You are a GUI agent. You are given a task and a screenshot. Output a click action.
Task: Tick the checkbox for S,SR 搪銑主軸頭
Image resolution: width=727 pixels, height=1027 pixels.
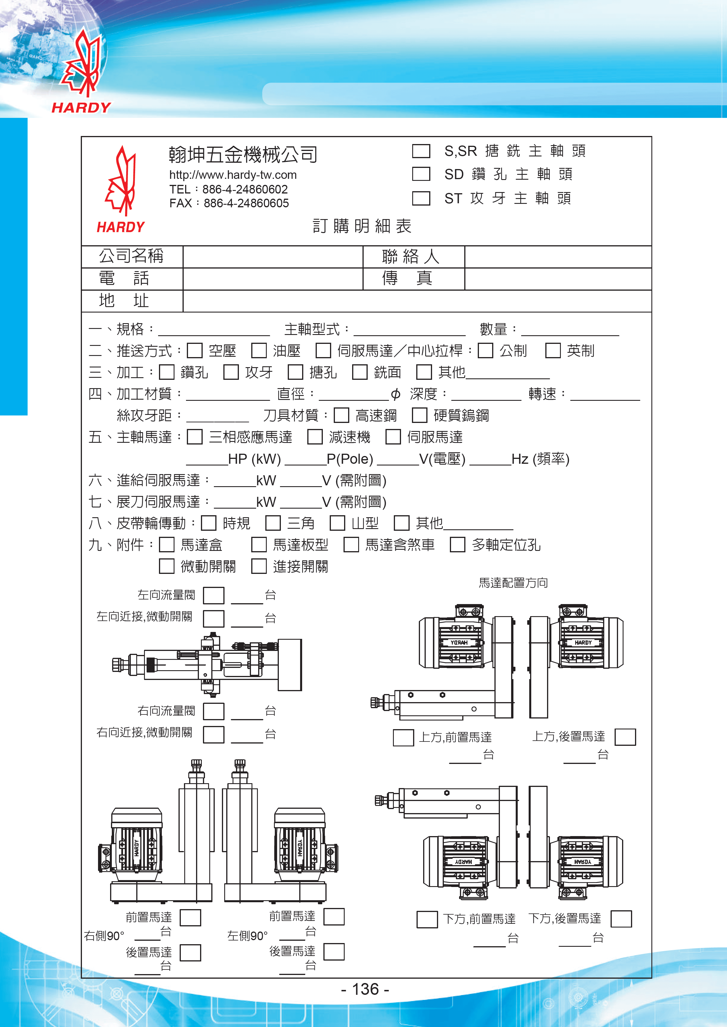coord(421,151)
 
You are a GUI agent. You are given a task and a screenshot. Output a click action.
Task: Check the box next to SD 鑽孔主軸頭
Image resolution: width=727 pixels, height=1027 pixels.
coord(421,174)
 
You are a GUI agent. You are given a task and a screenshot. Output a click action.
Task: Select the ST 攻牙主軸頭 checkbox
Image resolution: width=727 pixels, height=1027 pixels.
coord(421,198)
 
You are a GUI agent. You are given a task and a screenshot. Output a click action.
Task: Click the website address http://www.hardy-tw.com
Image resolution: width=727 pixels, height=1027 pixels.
coord(233,175)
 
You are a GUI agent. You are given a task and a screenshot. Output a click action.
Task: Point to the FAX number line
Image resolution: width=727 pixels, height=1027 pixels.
coord(229,203)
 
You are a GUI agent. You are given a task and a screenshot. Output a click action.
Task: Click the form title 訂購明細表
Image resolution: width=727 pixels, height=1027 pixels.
coord(362,226)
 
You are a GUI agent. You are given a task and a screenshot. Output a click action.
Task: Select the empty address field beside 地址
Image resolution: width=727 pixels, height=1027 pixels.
coord(416,301)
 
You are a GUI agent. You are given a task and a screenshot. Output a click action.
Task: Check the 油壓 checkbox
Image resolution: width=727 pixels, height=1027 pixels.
coord(259,350)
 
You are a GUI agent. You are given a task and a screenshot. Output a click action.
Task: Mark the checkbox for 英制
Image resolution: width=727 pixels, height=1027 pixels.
coord(553,350)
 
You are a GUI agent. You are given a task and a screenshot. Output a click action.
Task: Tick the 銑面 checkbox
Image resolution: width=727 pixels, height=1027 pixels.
coord(359,372)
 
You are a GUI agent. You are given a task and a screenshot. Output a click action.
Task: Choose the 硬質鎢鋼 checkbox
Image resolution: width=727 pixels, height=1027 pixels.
coord(419,415)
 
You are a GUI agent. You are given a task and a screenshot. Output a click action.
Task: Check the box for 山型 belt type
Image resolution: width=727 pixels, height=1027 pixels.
coord(337,523)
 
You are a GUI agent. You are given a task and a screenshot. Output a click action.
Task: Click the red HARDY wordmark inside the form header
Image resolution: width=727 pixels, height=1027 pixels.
coord(120,227)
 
